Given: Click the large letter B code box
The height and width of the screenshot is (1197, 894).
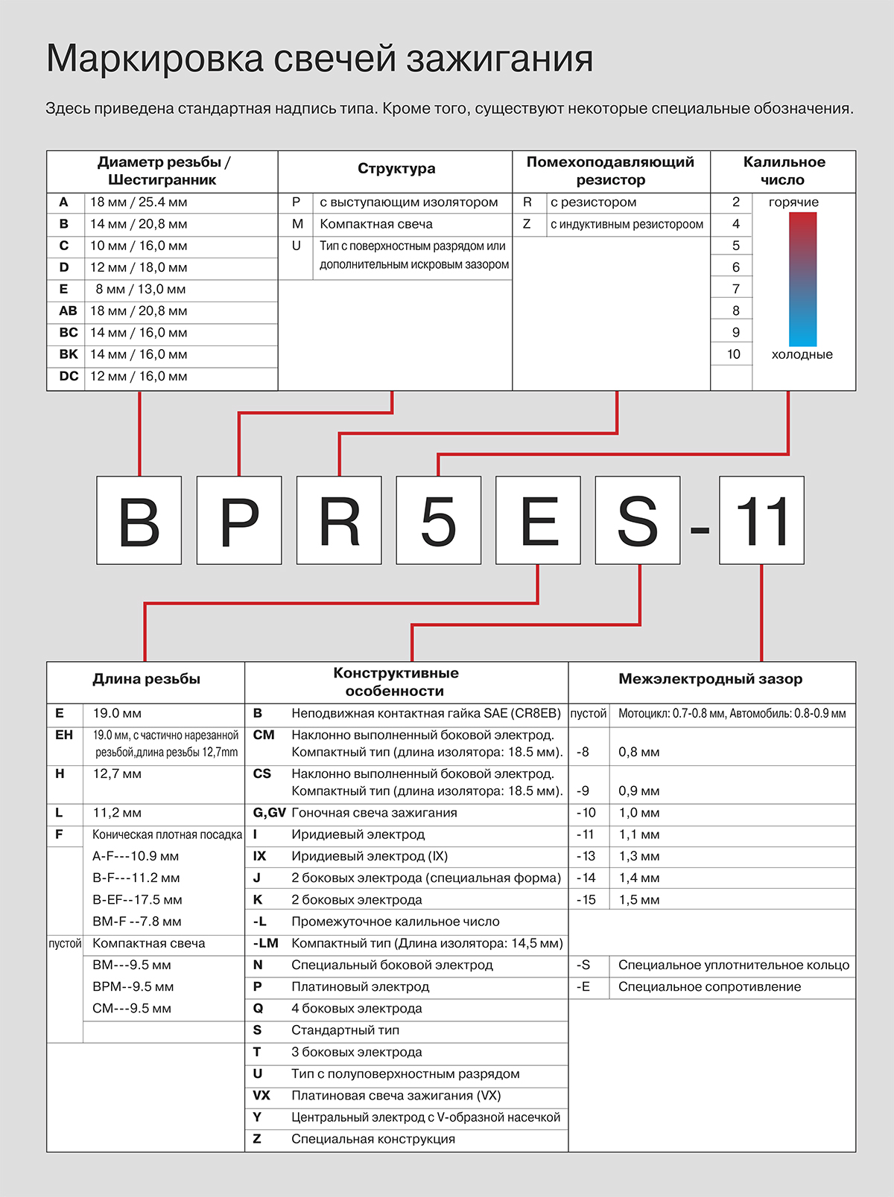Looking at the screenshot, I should click(139, 520).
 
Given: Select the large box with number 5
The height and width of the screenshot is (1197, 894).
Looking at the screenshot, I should click(439, 520).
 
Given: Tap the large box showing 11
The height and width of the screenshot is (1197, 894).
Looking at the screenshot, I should click(761, 520).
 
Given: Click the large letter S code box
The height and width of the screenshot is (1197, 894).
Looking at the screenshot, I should click(638, 520).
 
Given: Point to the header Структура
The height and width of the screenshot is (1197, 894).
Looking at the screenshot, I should click(396, 169).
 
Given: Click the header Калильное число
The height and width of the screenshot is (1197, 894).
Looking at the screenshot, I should click(784, 171).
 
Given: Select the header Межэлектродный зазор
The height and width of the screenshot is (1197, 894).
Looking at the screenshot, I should click(710, 679).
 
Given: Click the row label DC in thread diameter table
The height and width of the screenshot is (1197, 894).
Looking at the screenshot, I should click(69, 377).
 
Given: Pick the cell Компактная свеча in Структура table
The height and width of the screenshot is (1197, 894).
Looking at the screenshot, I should click(376, 224).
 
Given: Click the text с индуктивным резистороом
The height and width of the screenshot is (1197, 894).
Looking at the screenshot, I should click(627, 224).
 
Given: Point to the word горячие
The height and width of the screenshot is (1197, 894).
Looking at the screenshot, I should click(793, 202).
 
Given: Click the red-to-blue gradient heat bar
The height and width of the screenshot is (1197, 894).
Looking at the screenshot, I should click(802, 279).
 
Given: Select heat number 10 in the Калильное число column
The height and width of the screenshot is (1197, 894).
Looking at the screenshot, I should click(734, 354).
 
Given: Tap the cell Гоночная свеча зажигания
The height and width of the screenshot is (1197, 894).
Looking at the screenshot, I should click(374, 813).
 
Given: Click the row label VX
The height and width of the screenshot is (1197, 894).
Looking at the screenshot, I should click(261, 1096).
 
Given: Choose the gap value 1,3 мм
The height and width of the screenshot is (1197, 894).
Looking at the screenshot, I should click(638, 857).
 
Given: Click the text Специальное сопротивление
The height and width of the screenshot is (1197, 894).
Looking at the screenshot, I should click(709, 987).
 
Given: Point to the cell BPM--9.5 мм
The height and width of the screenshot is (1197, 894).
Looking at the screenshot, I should click(133, 987).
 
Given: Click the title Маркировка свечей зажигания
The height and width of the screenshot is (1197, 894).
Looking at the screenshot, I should click(320, 58).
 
